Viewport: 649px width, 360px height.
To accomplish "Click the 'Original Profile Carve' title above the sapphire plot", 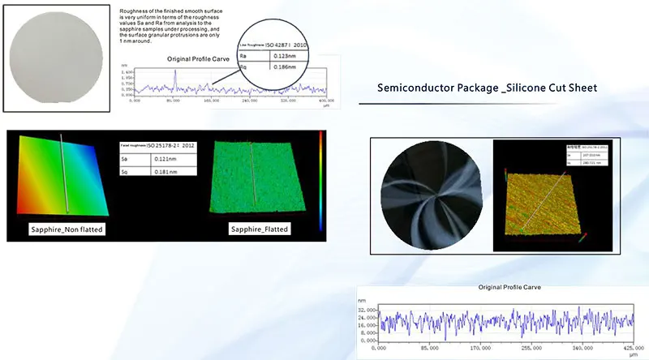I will coord(199,59).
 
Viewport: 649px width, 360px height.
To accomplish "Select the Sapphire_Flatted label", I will coord(259,229).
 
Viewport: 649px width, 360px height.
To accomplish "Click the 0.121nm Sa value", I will coord(165,159).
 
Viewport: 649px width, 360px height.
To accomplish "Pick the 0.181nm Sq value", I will coord(165,173).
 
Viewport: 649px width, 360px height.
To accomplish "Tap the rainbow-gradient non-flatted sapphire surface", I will coord(61,174).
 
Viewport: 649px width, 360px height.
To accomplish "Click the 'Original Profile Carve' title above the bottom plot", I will coord(509,287).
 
